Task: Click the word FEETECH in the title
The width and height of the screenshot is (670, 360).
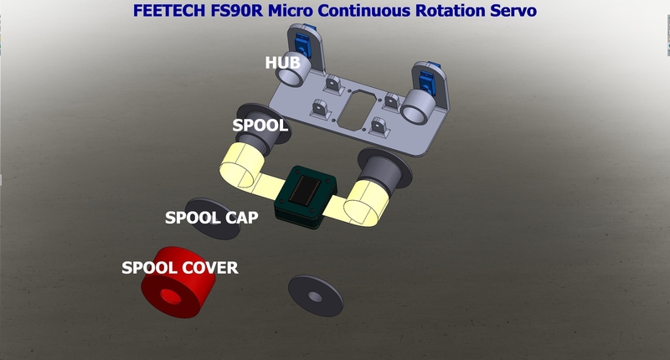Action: click(x=169, y=11)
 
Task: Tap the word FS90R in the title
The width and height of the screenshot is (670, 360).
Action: click(x=237, y=11)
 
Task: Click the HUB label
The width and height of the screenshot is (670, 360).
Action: click(x=282, y=63)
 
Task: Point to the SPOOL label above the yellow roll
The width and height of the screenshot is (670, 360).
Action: click(x=260, y=126)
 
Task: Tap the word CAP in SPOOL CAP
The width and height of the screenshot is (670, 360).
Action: click(x=241, y=218)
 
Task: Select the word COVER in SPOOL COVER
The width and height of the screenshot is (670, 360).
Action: click(x=209, y=268)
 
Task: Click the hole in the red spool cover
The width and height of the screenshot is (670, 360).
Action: click(x=170, y=296)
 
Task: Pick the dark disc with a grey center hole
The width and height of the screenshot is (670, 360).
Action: click(x=316, y=296)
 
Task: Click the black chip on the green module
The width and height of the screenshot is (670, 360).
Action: click(x=305, y=188)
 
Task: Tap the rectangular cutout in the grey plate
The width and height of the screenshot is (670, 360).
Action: click(x=357, y=110)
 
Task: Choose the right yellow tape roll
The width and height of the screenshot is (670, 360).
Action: click(x=366, y=203)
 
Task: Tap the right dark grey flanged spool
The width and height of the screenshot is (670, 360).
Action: click(x=384, y=169)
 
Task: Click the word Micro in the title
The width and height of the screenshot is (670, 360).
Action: click(x=290, y=11)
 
